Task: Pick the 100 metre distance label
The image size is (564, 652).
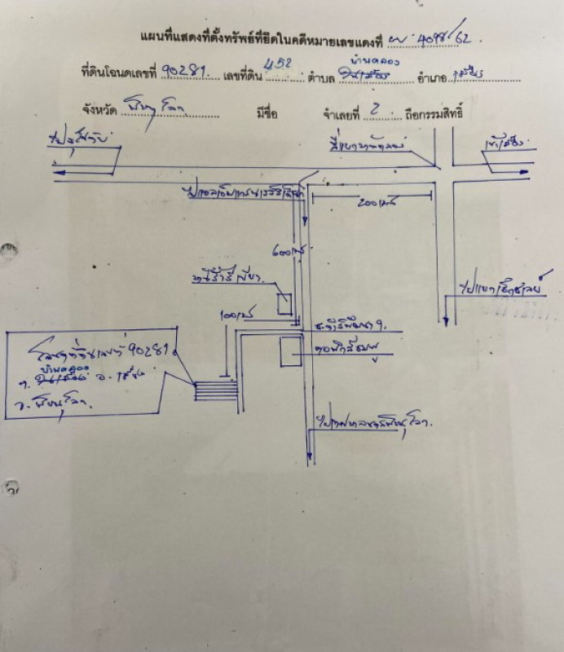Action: click(x=235, y=313)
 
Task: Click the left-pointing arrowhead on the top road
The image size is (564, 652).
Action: click(x=59, y=171)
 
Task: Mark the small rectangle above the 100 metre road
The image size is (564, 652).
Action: click(x=284, y=304)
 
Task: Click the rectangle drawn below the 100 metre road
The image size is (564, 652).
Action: click(x=291, y=352)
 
